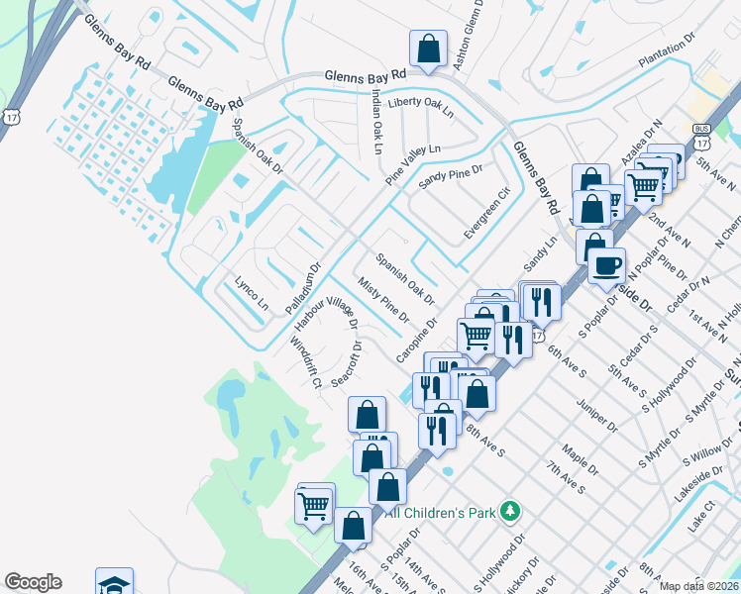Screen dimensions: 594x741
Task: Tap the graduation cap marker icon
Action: pos(114,583)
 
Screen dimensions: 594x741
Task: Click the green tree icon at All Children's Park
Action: pos(510,511)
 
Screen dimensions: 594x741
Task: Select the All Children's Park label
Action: pos(441,512)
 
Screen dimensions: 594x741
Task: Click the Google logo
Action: pos(33,582)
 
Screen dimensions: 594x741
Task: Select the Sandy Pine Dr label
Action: pos(450,177)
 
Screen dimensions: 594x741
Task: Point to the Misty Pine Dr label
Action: pos(384,302)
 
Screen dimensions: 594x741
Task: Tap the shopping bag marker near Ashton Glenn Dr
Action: pos(428,49)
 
